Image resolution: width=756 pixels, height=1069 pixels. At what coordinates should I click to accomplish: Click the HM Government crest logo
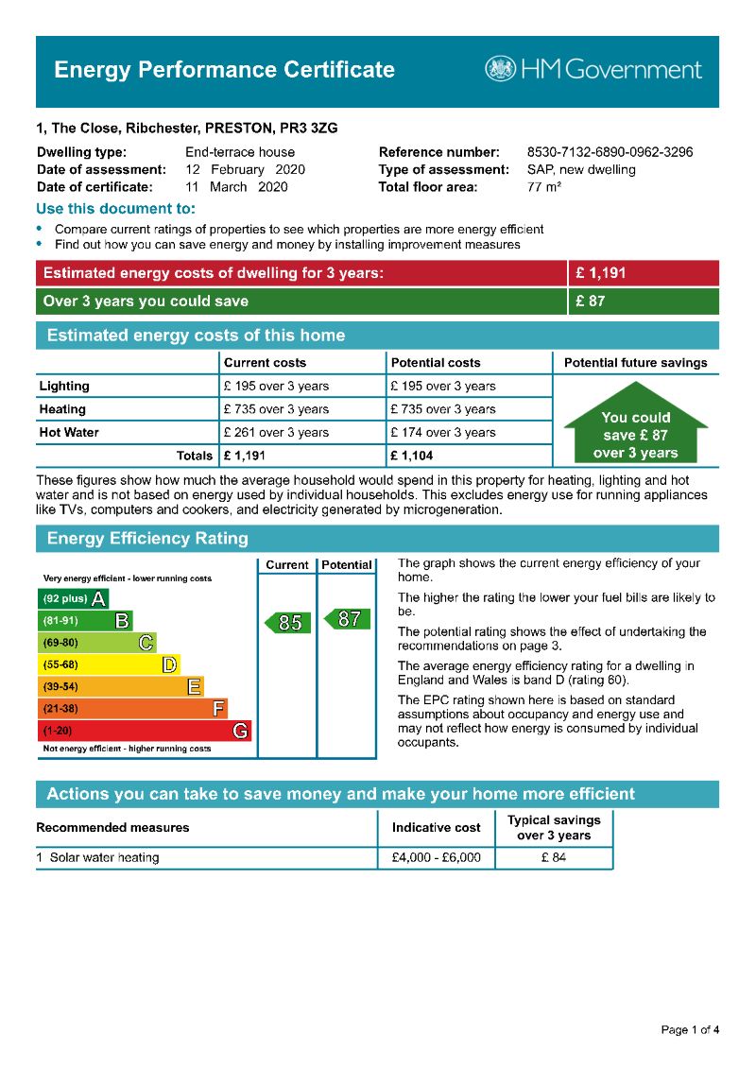pos(500,69)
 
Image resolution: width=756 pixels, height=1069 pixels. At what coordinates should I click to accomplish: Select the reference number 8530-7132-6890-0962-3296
pos(610,152)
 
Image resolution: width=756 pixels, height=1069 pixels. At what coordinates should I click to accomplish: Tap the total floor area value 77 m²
pos(544,187)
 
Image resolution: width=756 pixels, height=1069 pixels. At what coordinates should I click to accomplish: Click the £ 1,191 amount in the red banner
pos(601,273)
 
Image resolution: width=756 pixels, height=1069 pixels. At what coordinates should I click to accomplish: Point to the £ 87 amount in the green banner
pos(591,302)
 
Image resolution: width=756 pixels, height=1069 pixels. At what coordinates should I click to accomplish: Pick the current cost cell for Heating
pos(276,409)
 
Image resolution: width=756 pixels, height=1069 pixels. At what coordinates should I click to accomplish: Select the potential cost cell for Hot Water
pos(442,432)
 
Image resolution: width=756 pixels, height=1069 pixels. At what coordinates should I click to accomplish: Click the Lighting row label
pos(64,386)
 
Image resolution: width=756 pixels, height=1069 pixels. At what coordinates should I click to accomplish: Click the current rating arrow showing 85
pos(287,623)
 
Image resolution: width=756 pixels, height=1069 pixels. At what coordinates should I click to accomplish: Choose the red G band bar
pos(145,731)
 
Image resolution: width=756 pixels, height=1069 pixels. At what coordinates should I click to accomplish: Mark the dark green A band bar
pos(73,598)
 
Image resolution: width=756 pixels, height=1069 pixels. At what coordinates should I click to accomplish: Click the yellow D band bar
pos(108,664)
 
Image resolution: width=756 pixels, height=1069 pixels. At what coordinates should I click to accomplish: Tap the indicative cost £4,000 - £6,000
pos(436,858)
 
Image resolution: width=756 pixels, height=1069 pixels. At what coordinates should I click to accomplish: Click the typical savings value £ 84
pos(554,858)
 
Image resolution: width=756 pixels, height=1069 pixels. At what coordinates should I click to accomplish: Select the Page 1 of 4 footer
pos(690,1029)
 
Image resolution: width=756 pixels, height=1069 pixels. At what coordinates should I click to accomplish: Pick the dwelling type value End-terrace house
pos(240,152)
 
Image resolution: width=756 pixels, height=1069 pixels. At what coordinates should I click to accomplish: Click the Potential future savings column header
pos(635,363)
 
